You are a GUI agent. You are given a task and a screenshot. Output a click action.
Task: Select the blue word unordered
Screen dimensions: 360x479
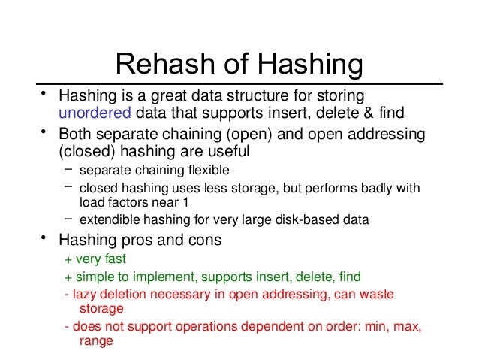pyautogui.click(x=95, y=113)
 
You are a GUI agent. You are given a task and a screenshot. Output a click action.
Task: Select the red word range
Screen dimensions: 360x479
pyautogui.click(x=95, y=340)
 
